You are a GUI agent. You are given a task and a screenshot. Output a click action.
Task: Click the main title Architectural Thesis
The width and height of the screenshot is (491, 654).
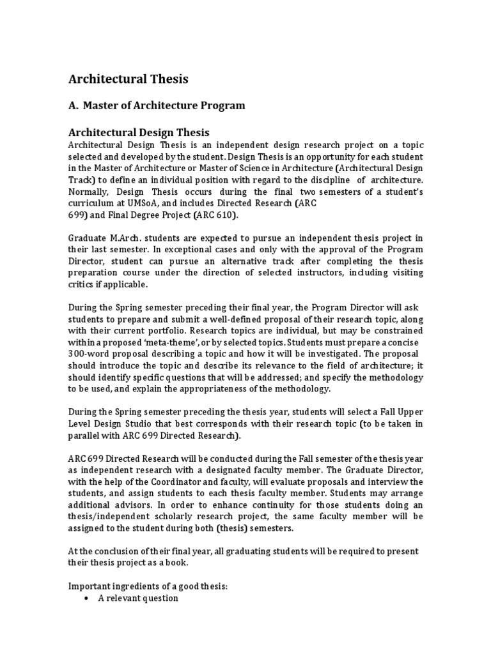point(128,79)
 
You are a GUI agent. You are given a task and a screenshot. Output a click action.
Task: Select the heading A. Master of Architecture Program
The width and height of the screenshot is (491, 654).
point(157,105)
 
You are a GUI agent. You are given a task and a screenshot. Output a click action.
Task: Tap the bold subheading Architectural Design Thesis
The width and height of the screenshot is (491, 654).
point(139,132)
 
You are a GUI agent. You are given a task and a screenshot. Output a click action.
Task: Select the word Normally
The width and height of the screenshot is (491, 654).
point(90,192)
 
